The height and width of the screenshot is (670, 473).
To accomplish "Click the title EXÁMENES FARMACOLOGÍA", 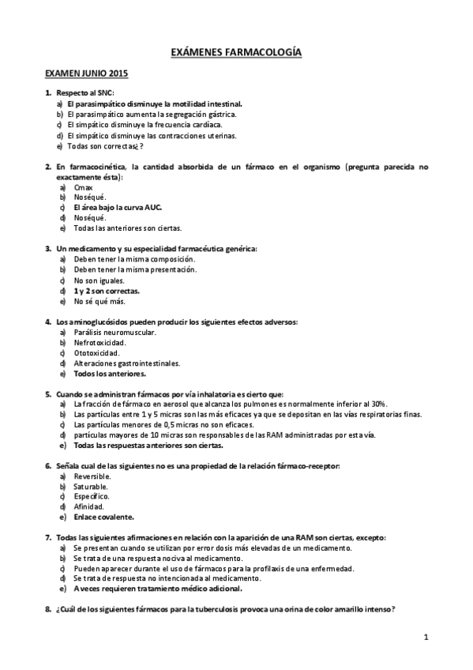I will tap(236, 52).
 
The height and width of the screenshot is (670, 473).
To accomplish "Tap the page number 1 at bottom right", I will tap(425, 636).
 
